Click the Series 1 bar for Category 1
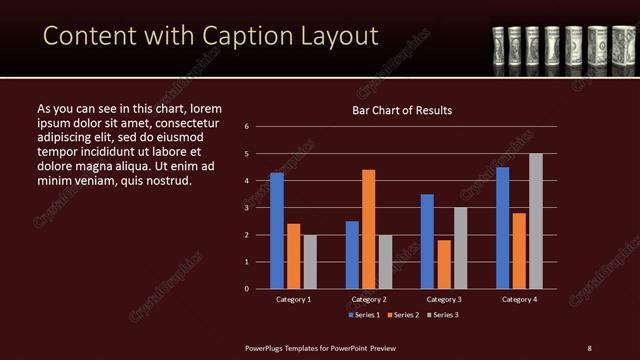coord(277,231)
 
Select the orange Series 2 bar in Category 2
coord(369,229)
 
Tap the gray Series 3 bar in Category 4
coord(536,221)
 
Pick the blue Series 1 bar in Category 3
coord(427,241)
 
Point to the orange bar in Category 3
coord(444,264)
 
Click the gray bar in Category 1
coord(310,261)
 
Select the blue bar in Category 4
coord(503,228)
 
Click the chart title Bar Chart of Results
coord(401,110)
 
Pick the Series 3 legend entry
coord(442,315)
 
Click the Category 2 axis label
coord(369,299)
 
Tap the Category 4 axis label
coord(519,299)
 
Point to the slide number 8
coord(589,347)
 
